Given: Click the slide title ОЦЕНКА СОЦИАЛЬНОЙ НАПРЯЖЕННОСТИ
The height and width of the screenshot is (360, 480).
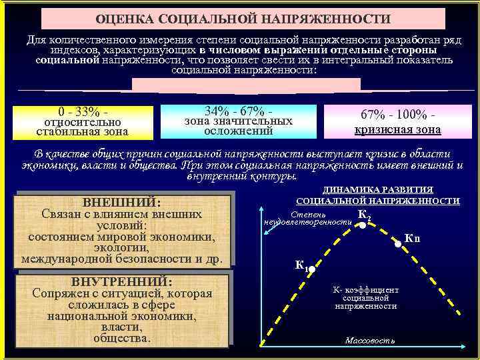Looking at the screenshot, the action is [x=243, y=19].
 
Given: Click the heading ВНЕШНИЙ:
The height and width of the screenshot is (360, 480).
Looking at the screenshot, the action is [x=121, y=201].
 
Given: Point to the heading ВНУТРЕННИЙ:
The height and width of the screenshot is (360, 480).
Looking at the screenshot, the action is [x=121, y=281].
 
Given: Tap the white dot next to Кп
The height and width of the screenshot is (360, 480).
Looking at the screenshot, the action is [x=398, y=245].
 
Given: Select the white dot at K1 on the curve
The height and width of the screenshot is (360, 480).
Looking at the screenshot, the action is [x=310, y=270].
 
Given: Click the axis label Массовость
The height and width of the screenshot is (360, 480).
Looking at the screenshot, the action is [x=370, y=341].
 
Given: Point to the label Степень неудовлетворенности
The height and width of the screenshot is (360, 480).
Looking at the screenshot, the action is [x=308, y=218].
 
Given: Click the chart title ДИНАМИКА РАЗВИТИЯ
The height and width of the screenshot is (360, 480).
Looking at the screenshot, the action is [x=377, y=190].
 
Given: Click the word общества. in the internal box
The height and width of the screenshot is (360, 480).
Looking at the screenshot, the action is [x=121, y=338].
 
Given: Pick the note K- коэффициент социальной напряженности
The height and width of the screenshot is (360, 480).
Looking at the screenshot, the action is [x=366, y=298].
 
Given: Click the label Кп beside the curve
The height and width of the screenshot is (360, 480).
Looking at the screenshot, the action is [x=413, y=239].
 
